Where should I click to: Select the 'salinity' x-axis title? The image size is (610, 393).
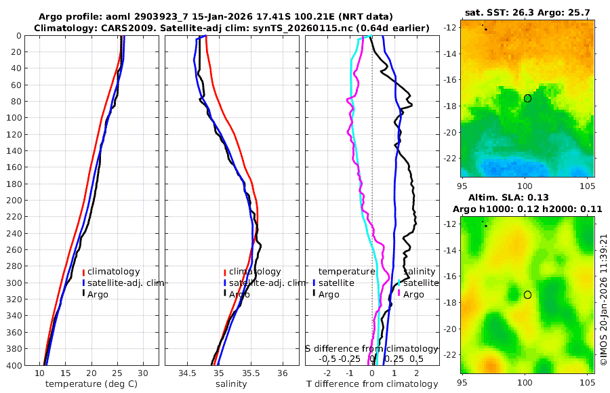click(x=230, y=384)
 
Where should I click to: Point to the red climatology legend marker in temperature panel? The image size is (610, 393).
click(x=83, y=272)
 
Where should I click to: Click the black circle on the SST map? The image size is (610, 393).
click(x=527, y=98)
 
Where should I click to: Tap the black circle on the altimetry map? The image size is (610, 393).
click(x=527, y=295)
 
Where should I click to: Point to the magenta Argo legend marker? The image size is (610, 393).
click(x=399, y=294)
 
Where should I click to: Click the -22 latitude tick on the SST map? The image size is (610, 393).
click(x=451, y=157)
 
